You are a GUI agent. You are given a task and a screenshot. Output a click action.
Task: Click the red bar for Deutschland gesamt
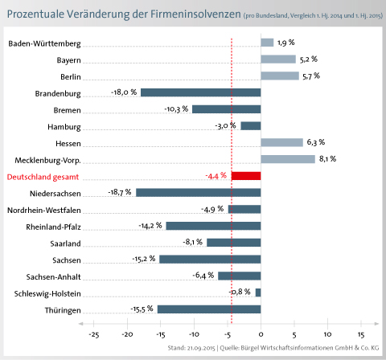coord(246,176)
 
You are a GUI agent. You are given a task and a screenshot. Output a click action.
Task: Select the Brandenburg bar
coord(201,92)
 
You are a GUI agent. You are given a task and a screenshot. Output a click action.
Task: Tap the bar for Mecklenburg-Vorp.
coord(288,159)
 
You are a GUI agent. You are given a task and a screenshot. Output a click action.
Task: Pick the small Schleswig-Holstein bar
coord(258,292)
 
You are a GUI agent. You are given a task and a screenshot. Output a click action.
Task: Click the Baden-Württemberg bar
coord(267,43)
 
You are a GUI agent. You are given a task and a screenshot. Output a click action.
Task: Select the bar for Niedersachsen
coord(199,193)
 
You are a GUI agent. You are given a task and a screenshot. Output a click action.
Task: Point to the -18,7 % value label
coord(120,192)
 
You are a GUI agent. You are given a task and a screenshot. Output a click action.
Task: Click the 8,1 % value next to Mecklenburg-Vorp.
coord(327,159)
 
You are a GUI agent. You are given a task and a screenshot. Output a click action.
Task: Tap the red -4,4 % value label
coord(216,176)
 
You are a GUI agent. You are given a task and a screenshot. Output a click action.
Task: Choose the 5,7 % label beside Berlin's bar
coord(311,76)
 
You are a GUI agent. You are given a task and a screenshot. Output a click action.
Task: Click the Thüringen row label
coord(63,310)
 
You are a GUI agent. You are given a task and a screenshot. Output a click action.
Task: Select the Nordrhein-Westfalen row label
coord(44,211)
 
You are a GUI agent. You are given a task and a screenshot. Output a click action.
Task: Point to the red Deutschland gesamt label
coord(43,177)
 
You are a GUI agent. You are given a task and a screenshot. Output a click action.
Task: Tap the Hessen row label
coord(68,144)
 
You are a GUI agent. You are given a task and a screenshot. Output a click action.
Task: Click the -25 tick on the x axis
coord(94,334)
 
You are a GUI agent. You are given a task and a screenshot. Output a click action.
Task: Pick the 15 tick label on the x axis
coord(361,334)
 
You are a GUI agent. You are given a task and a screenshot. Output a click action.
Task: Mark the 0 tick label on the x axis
coord(261,334)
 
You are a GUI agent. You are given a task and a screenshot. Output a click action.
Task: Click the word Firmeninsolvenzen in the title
coord(195,14)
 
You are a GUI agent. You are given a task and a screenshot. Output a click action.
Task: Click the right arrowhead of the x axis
coord(377,324)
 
